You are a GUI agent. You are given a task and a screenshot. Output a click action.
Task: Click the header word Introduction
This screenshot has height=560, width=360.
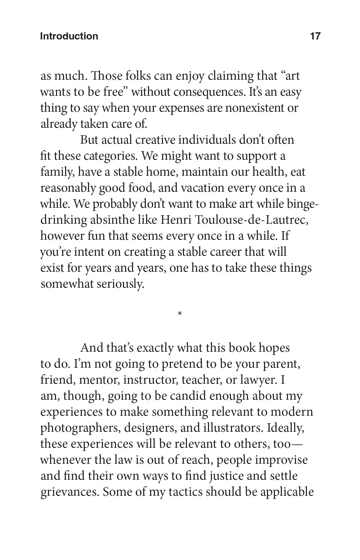coord(69,36)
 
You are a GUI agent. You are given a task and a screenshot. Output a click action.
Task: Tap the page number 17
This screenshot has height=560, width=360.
coord(315,36)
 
